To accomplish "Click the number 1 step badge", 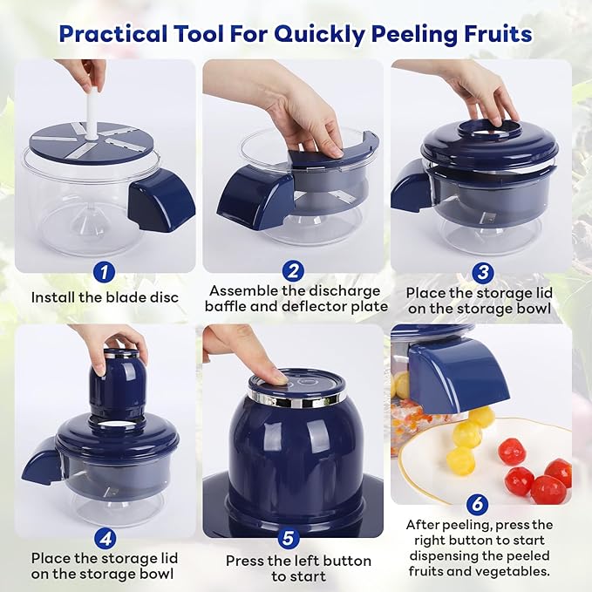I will pyautogui.click(x=104, y=271).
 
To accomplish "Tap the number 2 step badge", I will pyautogui.click(x=295, y=270).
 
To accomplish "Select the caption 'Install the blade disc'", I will pyautogui.click(x=105, y=297).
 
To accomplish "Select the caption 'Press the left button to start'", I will pyautogui.click(x=298, y=568).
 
